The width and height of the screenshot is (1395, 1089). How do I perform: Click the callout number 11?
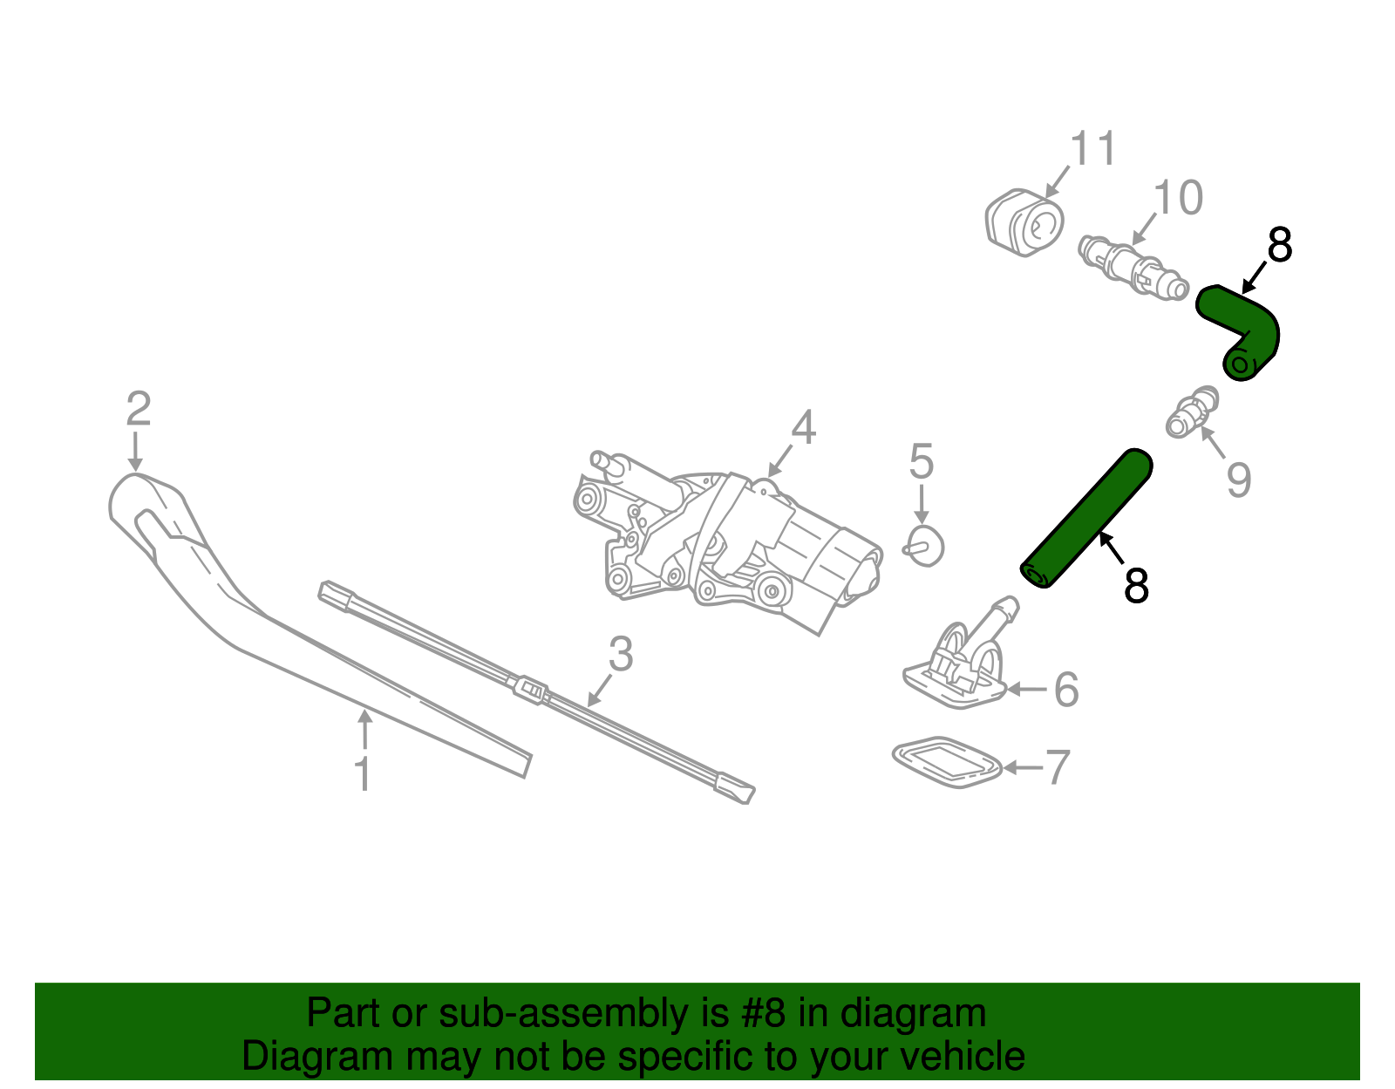1092,149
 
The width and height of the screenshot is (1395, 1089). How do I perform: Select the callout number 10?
1178,199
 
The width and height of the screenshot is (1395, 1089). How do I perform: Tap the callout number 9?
1239,480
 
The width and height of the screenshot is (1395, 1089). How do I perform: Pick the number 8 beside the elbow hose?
1279,246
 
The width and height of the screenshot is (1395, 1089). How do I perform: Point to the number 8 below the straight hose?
1136,586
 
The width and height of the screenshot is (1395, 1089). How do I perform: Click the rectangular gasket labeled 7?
947,762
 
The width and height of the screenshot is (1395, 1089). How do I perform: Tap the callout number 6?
1066,690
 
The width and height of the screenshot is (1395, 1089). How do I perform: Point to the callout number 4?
803,429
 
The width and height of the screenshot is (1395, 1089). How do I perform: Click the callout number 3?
620,654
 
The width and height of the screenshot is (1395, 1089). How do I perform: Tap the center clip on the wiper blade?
530,689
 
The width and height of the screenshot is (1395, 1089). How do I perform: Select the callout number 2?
138,410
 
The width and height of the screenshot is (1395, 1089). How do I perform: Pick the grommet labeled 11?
1024,223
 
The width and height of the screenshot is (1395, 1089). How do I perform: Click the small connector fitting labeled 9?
1191,412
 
